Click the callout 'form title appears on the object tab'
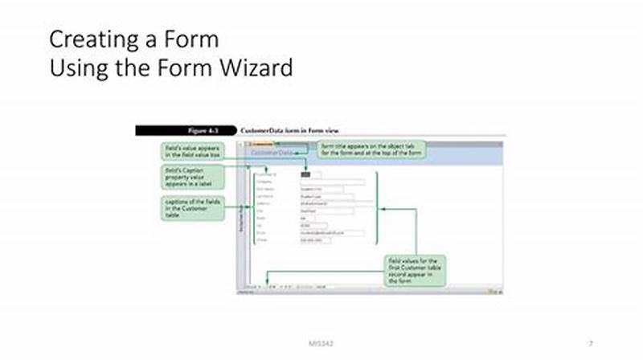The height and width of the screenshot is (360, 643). click(373, 149)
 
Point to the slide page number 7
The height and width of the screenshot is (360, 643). click(591, 343)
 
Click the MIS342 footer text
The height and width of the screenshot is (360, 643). click(321, 343)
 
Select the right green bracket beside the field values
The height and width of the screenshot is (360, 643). click(379, 207)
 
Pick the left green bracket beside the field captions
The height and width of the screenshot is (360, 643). click(251, 207)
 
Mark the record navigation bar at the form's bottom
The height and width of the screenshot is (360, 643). click(273, 285)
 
